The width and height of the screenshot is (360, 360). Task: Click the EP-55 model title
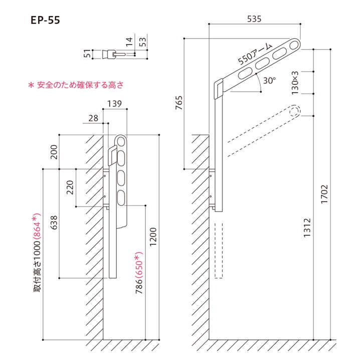[x=46, y=21]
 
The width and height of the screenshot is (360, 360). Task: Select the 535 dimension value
[x=255, y=19]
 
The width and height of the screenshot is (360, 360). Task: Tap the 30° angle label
[x=269, y=80]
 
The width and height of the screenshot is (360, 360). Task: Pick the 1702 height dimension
[x=324, y=194]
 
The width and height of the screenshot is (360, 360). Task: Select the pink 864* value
[x=38, y=229]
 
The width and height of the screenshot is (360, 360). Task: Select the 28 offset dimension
[x=93, y=117]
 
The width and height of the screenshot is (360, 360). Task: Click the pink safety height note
[x=76, y=85]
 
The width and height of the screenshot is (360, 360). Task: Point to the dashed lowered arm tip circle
[x=294, y=111]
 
